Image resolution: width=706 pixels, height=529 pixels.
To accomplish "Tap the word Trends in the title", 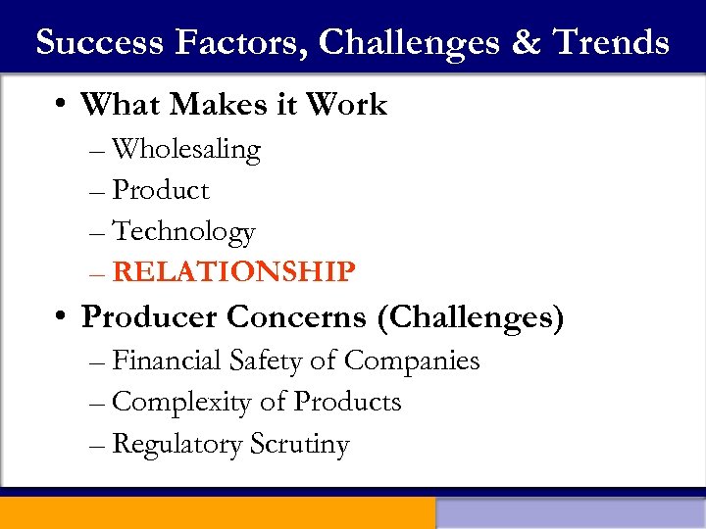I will (x=610, y=42).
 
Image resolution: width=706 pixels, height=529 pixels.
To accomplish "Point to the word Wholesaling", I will (x=186, y=150).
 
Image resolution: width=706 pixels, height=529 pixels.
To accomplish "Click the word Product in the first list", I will (x=161, y=190).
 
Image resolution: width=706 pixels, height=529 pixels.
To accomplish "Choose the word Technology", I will (x=184, y=231).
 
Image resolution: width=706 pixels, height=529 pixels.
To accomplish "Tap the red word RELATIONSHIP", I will (x=233, y=271).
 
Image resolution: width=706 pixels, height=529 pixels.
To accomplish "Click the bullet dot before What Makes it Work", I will (x=62, y=105).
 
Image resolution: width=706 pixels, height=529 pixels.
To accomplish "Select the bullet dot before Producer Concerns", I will (x=62, y=317).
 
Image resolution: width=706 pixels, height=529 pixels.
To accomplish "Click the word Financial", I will (x=168, y=361).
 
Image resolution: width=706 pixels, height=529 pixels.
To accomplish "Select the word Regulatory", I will (x=177, y=444).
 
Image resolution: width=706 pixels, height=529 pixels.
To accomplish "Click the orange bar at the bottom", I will (x=217, y=513).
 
